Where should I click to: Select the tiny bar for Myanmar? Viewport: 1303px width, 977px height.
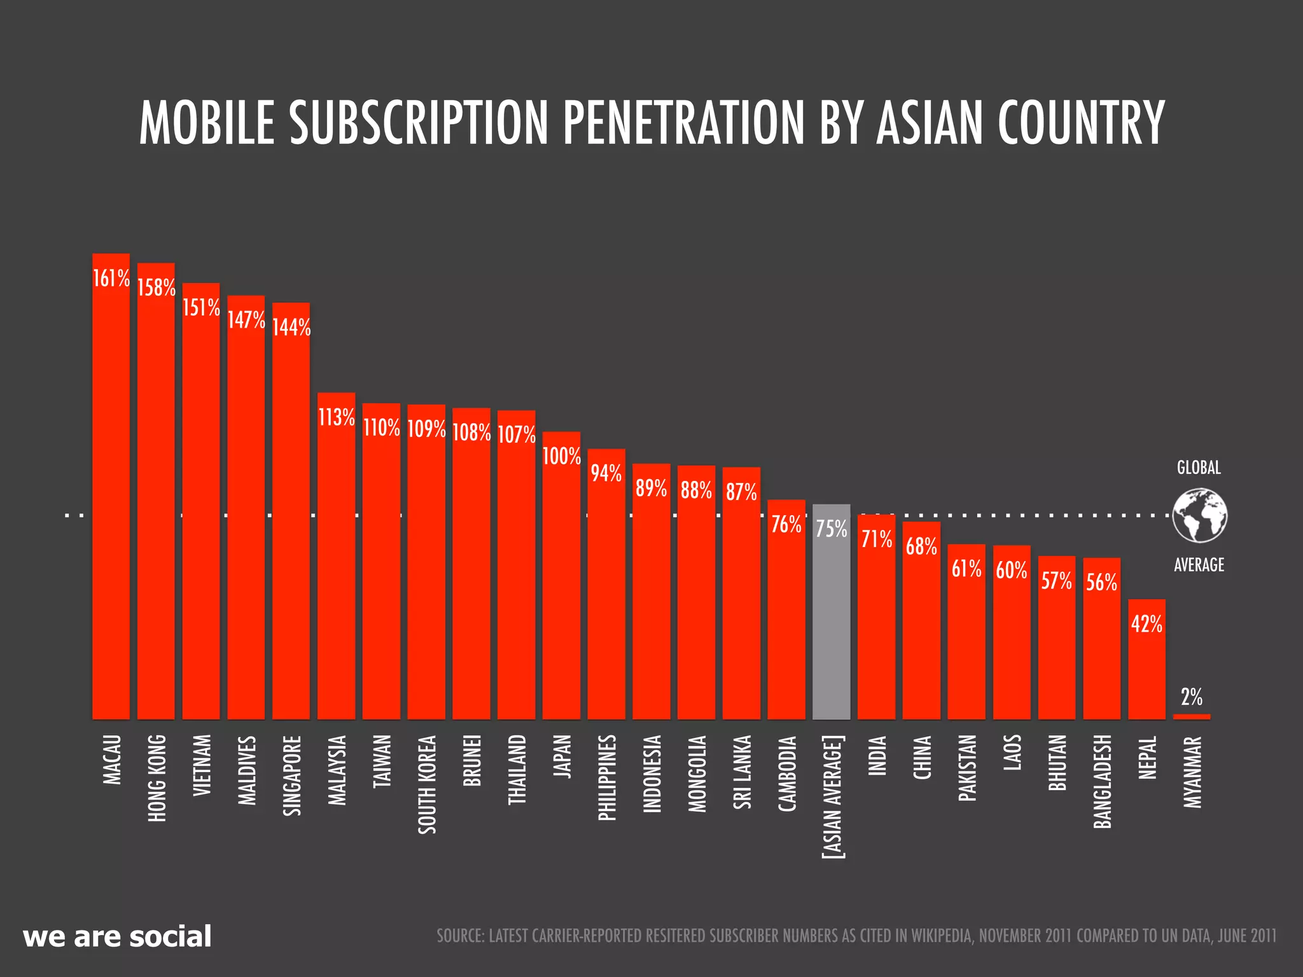(1192, 717)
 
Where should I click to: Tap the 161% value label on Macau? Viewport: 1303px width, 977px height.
(111, 279)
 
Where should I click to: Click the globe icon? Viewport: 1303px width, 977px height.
(1199, 516)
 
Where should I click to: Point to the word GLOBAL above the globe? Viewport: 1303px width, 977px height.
(1199, 468)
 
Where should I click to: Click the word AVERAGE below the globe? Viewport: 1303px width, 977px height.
(1199, 565)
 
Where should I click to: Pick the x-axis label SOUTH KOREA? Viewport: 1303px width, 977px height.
(427, 784)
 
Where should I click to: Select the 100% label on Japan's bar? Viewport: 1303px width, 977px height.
(561, 457)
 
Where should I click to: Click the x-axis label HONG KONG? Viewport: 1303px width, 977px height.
(157, 778)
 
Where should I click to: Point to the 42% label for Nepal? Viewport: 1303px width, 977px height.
(1146, 625)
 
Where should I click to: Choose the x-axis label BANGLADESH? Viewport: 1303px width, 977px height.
(1102, 782)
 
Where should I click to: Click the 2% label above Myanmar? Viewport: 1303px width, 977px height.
(1192, 698)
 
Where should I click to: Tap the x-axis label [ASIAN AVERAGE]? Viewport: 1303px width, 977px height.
(832, 797)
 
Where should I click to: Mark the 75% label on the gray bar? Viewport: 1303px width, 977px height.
(831, 529)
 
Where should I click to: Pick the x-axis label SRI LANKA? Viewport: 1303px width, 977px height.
(742, 772)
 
